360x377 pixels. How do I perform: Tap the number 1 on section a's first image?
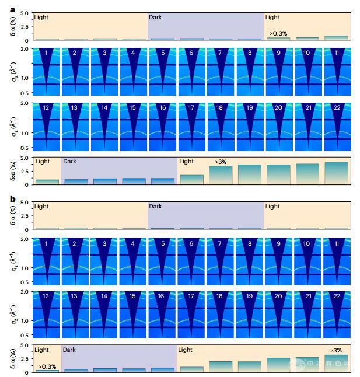46,53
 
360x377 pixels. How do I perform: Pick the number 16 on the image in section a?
162,107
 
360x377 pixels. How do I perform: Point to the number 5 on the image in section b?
162,243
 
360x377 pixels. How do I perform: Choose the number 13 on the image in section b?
75,296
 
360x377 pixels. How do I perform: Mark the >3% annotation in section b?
336,350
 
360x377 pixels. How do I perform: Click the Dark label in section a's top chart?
155,18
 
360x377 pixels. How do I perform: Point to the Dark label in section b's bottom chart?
69,350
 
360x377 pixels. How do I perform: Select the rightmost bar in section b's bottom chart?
336,363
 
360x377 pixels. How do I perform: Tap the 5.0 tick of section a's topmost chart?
23,13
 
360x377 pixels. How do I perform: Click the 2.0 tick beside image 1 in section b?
23,240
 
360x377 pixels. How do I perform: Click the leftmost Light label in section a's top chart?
41,18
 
